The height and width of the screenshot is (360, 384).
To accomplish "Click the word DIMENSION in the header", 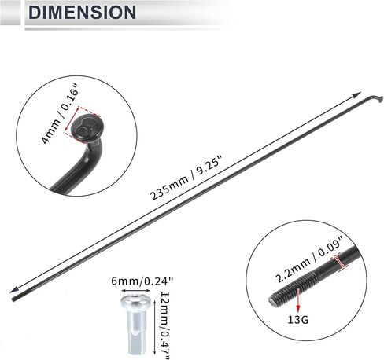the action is coord(83,12).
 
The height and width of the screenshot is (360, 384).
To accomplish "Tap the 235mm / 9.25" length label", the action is coord(186,178).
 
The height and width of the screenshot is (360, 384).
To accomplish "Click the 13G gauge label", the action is coord(298,320).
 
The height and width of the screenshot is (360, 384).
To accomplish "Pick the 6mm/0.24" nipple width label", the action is coord(142,281).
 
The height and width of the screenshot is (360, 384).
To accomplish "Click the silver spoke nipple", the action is coord(136,325).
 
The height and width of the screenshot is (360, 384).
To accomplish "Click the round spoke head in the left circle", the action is coord(85,129).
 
